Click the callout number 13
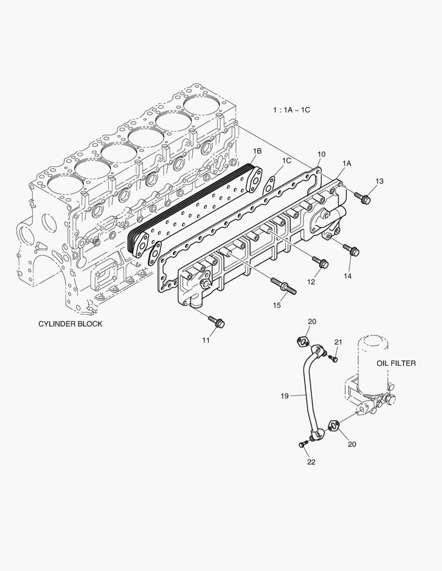pyautogui.click(x=380, y=181)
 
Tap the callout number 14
pyautogui.click(x=347, y=275)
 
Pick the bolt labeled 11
pyautogui.click(x=217, y=321)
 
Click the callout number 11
pyautogui.click(x=205, y=340)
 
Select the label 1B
pyautogui.click(x=257, y=152)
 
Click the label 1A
pyautogui.click(x=347, y=164)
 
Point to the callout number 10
pyautogui.click(x=321, y=154)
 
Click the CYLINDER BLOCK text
pyautogui.click(x=70, y=324)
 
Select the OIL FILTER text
pyautogui.click(x=396, y=363)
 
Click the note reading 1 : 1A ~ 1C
pyautogui.click(x=291, y=110)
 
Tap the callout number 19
pyautogui.click(x=285, y=395)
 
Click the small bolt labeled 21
pyautogui.click(x=334, y=359)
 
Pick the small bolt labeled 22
pyautogui.click(x=303, y=444)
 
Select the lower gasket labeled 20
pyautogui.click(x=334, y=424)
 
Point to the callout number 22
pyautogui.click(x=311, y=462)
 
